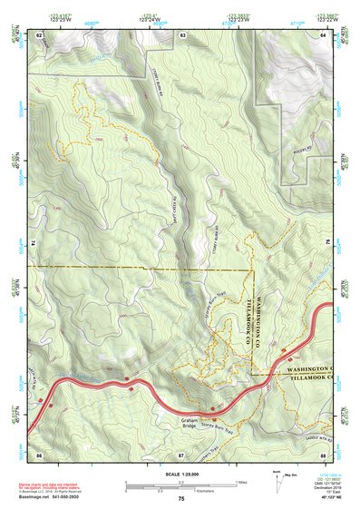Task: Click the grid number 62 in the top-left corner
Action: [39, 34]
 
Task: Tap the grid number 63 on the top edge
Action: [182, 34]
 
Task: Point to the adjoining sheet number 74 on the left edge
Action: [33, 244]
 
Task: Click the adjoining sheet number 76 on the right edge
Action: [330, 244]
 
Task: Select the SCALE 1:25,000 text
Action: [180, 474]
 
